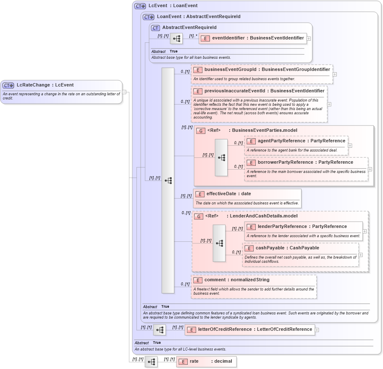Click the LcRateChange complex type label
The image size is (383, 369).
[x=45, y=85]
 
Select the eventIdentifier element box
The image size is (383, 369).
[x=252, y=38]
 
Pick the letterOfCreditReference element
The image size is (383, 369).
[x=249, y=330]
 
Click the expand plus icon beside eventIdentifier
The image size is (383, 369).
[x=309, y=38]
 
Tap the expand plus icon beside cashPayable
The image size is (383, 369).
[x=360, y=255]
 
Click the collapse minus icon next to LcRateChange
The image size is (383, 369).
[x=124, y=92]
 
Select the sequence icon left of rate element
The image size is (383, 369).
[x=151, y=361]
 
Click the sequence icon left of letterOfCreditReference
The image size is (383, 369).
[x=160, y=330]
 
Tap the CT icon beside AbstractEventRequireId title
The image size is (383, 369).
[x=155, y=28]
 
